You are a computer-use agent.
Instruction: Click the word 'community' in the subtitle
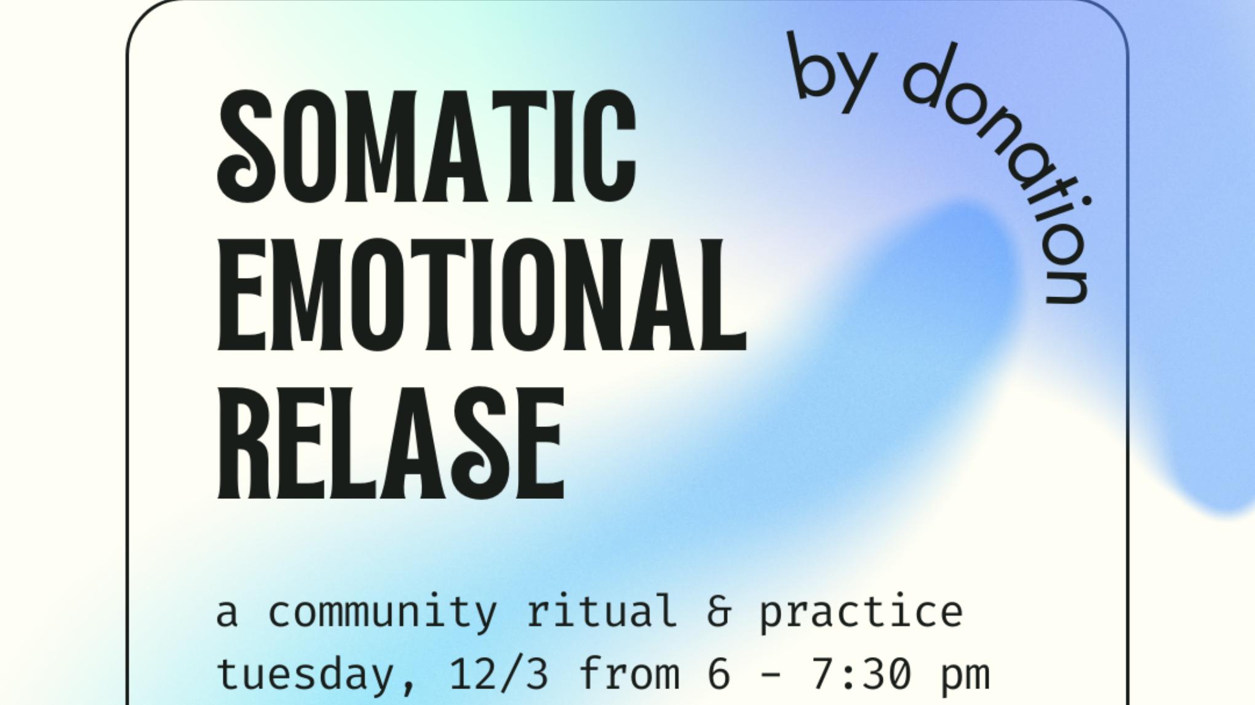pos(382,612)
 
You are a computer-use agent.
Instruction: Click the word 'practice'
pos(861,612)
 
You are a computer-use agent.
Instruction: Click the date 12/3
pos(498,673)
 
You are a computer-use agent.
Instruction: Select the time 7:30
pos(860,673)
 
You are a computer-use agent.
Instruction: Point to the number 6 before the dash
pos(719,673)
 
